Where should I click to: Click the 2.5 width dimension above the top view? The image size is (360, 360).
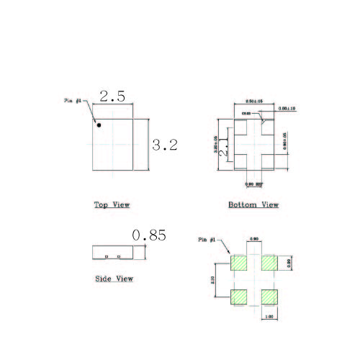click(113, 96)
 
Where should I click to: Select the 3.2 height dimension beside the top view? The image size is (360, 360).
click(164, 145)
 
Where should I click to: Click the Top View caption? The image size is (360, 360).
click(112, 205)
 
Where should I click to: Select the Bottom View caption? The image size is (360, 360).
click(253, 205)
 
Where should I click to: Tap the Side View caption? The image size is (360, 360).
click(114, 279)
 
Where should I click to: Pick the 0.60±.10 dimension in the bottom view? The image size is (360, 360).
click(287, 109)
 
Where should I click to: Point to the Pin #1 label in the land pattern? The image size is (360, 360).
click(207, 239)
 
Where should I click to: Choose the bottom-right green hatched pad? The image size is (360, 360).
click(269, 296)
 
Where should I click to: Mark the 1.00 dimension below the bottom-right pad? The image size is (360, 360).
click(271, 315)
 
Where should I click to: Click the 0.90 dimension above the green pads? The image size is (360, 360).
click(253, 239)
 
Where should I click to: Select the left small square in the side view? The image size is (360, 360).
click(107, 256)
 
